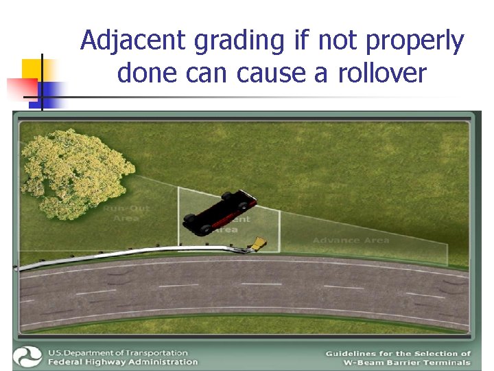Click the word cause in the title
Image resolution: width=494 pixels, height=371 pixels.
tap(270, 72)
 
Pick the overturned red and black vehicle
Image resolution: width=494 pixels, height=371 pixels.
tap(220, 212)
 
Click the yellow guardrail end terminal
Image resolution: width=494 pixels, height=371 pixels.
tap(258, 243)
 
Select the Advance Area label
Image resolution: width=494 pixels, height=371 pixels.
tap(351, 240)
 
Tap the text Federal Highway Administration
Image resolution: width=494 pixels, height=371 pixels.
tap(122, 362)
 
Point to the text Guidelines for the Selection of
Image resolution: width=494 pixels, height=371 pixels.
tap(398, 353)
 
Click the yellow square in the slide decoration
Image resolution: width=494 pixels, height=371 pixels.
tap(32, 69)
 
